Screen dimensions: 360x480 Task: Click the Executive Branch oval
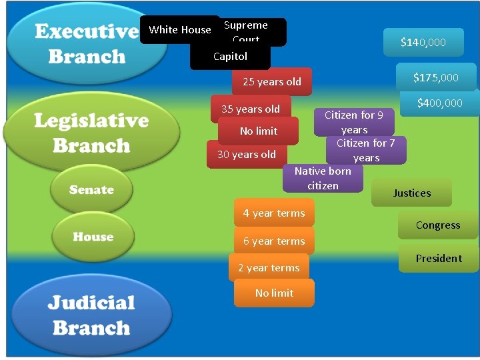click(86, 43)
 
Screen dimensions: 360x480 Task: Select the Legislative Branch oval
click(91, 133)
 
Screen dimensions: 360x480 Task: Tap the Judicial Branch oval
click(91, 315)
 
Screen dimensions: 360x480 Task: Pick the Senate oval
click(91, 190)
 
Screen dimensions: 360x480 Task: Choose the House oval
click(92, 237)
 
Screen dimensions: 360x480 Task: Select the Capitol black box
click(230, 57)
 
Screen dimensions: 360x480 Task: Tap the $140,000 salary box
click(423, 43)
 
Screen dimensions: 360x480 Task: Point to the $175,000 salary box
click(435, 77)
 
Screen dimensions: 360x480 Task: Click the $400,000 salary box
click(439, 103)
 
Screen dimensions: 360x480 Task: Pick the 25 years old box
click(272, 82)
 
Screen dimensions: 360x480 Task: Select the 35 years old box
click(251, 109)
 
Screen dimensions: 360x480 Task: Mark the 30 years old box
click(246, 155)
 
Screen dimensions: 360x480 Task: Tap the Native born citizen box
click(323, 179)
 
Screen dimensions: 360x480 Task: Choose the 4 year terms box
click(274, 213)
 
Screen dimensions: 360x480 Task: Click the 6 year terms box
click(274, 241)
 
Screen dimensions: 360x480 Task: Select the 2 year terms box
click(269, 268)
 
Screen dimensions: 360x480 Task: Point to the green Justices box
click(411, 193)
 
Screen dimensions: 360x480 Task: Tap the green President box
click(438, 259)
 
